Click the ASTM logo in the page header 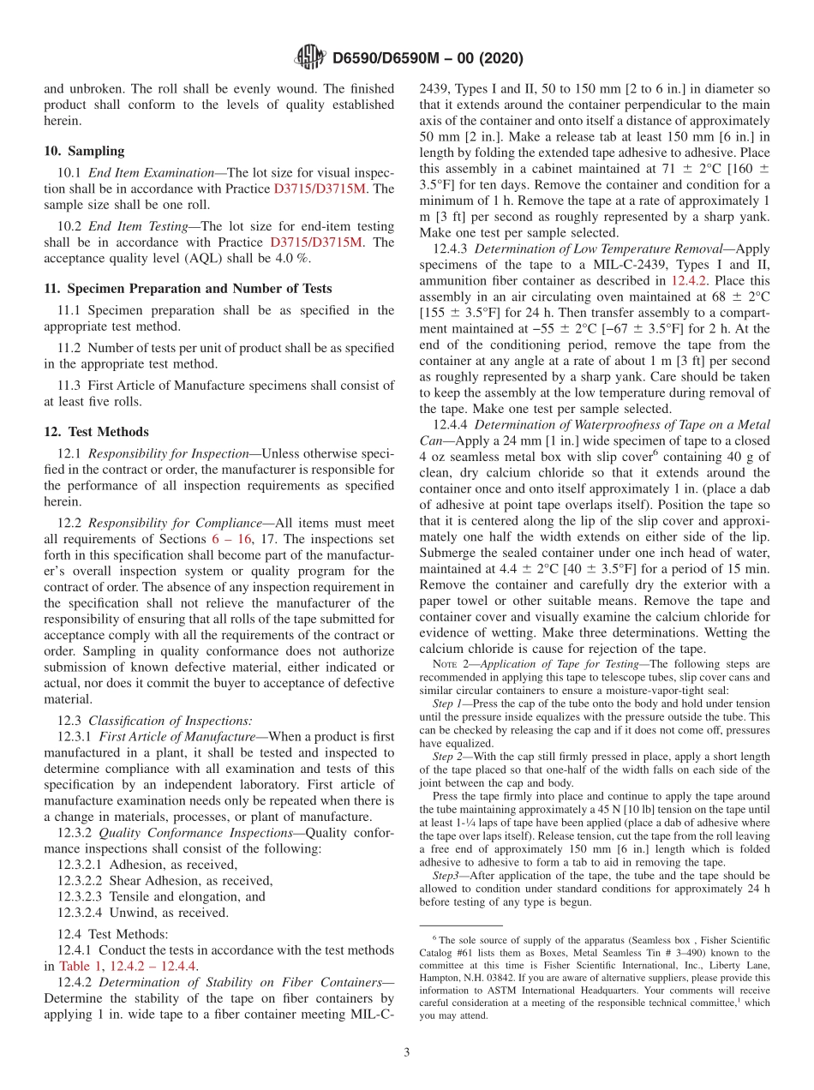[309, 58]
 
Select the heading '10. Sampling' [84, 151]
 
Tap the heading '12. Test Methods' [96, 432]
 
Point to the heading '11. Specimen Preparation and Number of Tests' [188, 288]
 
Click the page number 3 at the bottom [406, 1052]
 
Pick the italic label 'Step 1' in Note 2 [447, 704]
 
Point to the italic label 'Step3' [446, 876]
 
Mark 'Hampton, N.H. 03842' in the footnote [466, 977]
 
